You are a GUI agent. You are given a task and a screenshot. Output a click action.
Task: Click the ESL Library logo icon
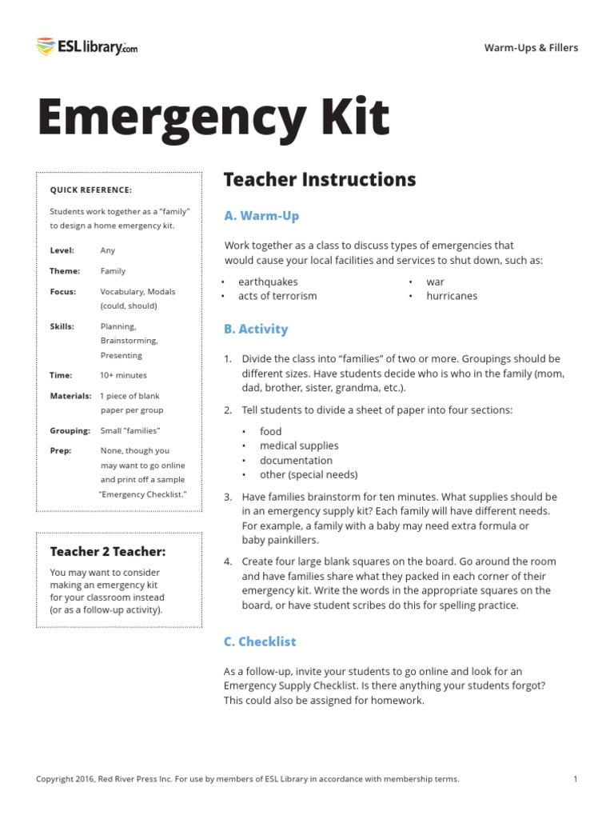[x=46, y=47]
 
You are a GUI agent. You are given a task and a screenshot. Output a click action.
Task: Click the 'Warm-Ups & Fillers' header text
[x=531, y=48]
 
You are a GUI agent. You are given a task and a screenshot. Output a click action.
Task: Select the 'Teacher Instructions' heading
[x=320, y=179]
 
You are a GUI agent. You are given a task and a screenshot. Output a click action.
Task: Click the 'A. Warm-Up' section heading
[x=261, y=216]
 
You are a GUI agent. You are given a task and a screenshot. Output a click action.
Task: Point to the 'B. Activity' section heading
[x=256, y=329]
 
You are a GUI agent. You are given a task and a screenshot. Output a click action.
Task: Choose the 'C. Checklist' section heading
[x=260, y=641]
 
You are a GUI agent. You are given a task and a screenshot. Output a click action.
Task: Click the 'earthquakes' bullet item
[x=268, y=282]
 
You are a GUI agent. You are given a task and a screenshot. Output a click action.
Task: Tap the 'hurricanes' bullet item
[x=452, y=296]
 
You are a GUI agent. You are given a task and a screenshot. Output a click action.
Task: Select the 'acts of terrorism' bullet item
[x=277, y=296]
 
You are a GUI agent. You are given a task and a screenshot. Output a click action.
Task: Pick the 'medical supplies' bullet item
[x=299, y=445]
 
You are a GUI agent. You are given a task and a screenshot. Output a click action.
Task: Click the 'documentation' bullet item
[x=296, y=460]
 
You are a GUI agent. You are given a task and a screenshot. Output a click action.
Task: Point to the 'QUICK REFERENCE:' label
[x=91, y=190]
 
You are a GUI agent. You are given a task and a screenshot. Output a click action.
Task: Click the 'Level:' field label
[x=62, y=250]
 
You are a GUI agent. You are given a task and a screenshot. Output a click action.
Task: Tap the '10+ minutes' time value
[x=123, y=375]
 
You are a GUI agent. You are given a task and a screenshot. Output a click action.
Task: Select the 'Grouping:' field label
[x=70, y=430]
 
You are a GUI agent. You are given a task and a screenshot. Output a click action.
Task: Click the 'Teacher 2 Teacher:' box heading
[x=108, y=552]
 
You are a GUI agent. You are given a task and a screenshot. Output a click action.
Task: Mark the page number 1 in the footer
[x=576, y=779]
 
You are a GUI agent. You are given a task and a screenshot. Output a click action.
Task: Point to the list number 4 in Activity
[x=228, y=561]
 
